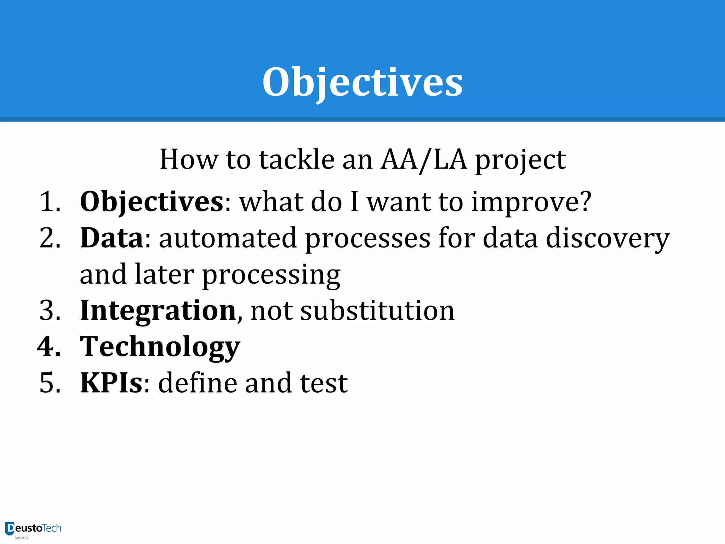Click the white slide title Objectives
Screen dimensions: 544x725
(362, 82)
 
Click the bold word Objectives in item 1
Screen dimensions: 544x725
(152, 202)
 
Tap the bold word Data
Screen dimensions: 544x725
(112, 238)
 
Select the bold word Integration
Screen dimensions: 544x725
(158, 311)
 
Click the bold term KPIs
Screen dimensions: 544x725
(111, 383)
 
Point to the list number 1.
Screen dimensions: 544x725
(50, 202)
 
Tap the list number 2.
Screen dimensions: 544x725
(50, 238)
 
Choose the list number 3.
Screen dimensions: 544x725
(50, 311)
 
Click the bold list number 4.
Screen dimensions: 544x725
(49, 347)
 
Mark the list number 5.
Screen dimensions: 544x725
(50, 383)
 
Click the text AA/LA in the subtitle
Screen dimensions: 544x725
(423, 160)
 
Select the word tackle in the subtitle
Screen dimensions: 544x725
(297, 159)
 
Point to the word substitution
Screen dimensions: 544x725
(377, 311)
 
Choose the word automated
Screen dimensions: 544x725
(228, 238)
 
